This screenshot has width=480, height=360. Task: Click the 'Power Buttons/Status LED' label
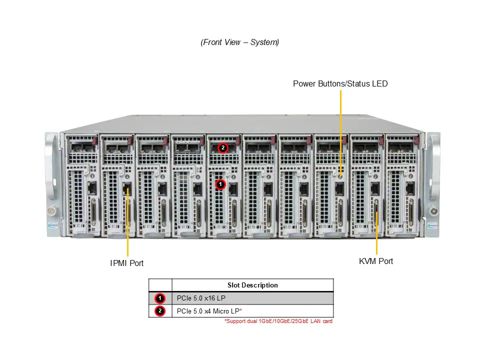click(340, 83)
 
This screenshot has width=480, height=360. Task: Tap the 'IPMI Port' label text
click(126, 263)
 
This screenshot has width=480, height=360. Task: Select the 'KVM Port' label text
click(376, 261)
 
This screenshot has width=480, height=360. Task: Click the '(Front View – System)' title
click(239, 42)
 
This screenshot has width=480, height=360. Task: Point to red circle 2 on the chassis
click(222, 148)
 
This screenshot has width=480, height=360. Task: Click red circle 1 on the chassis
click(220, 184)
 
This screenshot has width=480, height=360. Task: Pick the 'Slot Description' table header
click(252, 285)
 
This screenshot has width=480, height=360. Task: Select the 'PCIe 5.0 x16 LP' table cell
click(201, 298)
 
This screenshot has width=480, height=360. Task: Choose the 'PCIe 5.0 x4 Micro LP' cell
click(208, 311)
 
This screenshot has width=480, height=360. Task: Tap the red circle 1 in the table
click(160, 298)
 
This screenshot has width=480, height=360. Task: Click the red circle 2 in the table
click(160, 311)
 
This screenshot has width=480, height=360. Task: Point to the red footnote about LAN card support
click(278, 321)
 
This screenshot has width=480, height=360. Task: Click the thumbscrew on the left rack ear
click(51, 210)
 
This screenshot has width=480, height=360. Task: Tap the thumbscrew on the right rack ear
click(433, 211)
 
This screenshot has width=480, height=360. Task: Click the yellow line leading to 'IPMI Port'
click(127, 223)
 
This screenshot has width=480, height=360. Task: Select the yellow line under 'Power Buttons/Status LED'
click(340, 133)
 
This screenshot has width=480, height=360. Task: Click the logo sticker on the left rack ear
click(52, 225)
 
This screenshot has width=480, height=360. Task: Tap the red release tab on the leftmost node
click(94, 141)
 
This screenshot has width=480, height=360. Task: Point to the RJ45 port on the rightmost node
click(410, 188)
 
